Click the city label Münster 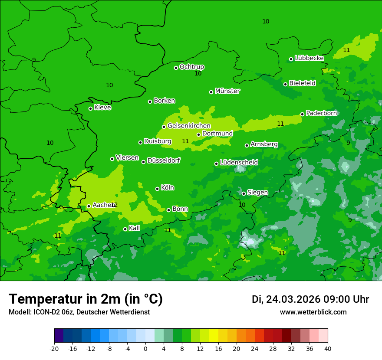click(227, 91)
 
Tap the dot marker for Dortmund click(199, 134)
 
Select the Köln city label click(167, 188)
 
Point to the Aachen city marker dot click(89, 206)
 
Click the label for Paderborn click(321, 113)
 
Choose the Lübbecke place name click(309, 58)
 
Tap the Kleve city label click(102, 108)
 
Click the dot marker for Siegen click(244, 193)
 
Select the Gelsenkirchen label click(189, 126)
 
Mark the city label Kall click(134, 228)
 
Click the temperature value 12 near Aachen click(114, 205)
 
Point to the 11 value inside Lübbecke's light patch click(346, 50)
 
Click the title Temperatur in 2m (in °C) click(86, 299)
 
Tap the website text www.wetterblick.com click(313, 312)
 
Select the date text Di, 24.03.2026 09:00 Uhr click(310, 300)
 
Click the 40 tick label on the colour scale click(328, 349)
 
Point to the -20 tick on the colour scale click(54, 349)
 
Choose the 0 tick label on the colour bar click(145, 349)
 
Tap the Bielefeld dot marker click(286, 84)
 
